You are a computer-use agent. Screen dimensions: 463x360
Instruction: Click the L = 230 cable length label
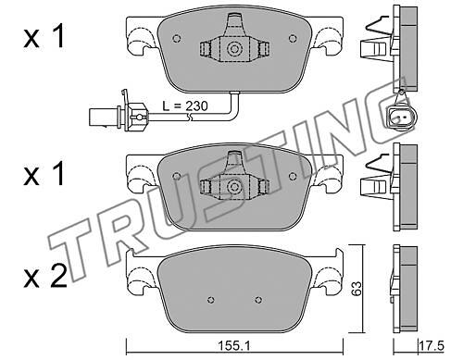click(185, 106)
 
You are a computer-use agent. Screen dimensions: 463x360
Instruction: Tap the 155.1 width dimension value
click(234, 346)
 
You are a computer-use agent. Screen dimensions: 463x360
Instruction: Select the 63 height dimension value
click(357, 288)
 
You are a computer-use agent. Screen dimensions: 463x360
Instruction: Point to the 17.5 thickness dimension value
click(432, 345)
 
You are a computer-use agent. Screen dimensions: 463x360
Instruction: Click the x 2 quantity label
click(45, 277)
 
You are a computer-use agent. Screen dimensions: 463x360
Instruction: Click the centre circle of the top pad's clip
click(233, 49)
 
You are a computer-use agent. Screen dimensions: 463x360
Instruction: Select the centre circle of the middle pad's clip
click(233, 186)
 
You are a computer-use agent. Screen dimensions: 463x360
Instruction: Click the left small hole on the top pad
click(177, 38)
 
